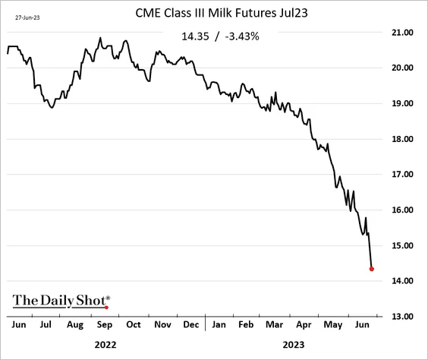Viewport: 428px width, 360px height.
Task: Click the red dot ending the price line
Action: click(x=372, y=269)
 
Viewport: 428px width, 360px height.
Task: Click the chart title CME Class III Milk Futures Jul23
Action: click(x=222, y=13)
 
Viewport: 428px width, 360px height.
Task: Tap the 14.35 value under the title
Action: click(x=195, y=36)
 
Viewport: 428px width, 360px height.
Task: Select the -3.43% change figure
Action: click(x=242, y=36)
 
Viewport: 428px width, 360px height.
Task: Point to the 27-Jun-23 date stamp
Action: click(x=27, y=17)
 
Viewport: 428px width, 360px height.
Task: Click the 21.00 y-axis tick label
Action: click(x=402, y=33)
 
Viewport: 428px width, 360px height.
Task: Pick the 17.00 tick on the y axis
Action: click(x=402, y=174)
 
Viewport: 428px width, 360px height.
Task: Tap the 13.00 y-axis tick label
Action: click(x=402, y=317)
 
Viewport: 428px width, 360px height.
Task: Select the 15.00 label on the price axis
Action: click(x=402, y=245)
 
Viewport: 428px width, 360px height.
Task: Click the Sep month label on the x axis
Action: click(x=105, y=325)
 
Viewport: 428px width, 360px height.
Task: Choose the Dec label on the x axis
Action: click(x=190, y=324)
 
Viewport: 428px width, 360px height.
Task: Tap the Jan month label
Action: click(x=219, y=324)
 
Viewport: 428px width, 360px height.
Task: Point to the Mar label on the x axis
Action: click(x=274, y=324)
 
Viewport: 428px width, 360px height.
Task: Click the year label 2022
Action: click(x=105, y=345)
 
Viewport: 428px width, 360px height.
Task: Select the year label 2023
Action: click(x=294, y=345)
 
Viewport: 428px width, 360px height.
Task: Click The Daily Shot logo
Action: click(x=61, y=302)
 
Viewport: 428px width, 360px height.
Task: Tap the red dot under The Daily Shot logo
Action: click(x=106, y=308)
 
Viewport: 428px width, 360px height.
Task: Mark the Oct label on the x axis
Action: click(x=134, y=324)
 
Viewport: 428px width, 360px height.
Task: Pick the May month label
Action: click(x=332, y=325)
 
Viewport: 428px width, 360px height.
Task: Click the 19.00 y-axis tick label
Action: click(x=402, y=103)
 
